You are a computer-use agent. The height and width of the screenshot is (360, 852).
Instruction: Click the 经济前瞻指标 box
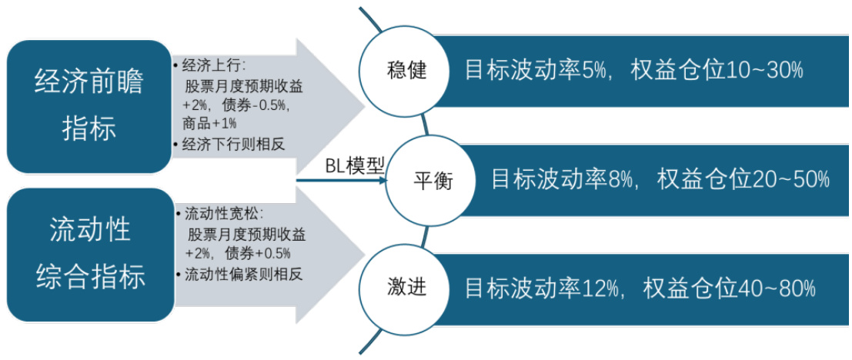(x=89, y=106)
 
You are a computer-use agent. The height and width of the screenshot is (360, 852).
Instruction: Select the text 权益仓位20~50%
(x=743, y=180)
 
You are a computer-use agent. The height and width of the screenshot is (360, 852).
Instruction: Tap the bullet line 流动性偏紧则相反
(x=238, y=274)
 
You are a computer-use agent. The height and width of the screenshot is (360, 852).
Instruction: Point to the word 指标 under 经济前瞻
(x=89, y=128)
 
